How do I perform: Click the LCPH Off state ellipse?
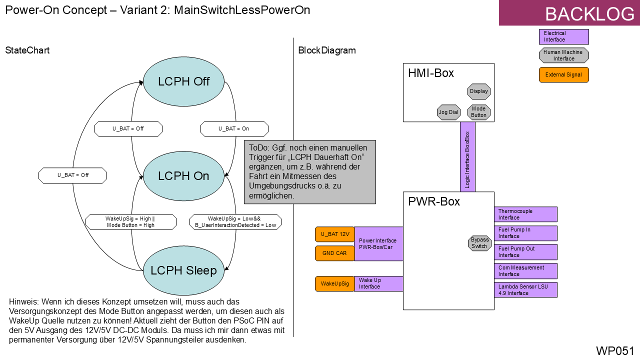(183, 81)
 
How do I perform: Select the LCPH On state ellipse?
(183, 176)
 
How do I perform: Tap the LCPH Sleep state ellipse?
(183, 270)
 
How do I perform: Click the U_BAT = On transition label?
(234, 128)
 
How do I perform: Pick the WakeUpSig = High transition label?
(131, 222)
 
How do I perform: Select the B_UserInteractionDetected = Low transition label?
(235, 222)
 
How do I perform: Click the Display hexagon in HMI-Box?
(478, 91)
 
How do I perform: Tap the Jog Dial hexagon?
(448, 112)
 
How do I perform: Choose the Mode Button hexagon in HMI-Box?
(478, 112)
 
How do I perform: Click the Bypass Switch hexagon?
(479, 243)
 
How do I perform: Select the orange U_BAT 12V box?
(334, 234)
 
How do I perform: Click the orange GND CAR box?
(334, 253)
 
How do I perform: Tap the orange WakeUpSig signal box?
(334, 283)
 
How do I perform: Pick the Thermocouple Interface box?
(525, 214)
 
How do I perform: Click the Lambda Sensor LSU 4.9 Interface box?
(525, 290)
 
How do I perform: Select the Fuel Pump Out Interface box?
(525, 252)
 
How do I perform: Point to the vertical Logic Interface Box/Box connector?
(467, 156)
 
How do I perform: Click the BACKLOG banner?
(569, 13)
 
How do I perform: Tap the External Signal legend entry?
(563, 75)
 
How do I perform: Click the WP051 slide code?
(614, 350)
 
